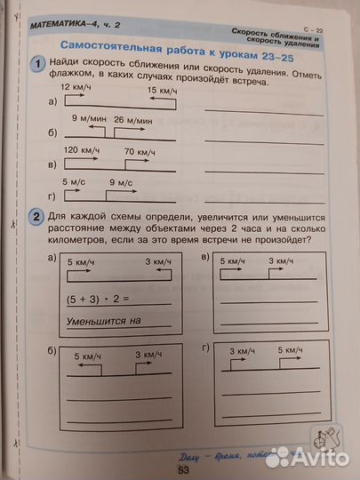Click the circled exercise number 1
[37, 63]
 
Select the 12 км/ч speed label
[76, 90]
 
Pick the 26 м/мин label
[132, 119]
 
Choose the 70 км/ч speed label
[140, 151]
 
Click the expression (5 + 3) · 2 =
[98, 300]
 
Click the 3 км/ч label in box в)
[280, 261]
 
